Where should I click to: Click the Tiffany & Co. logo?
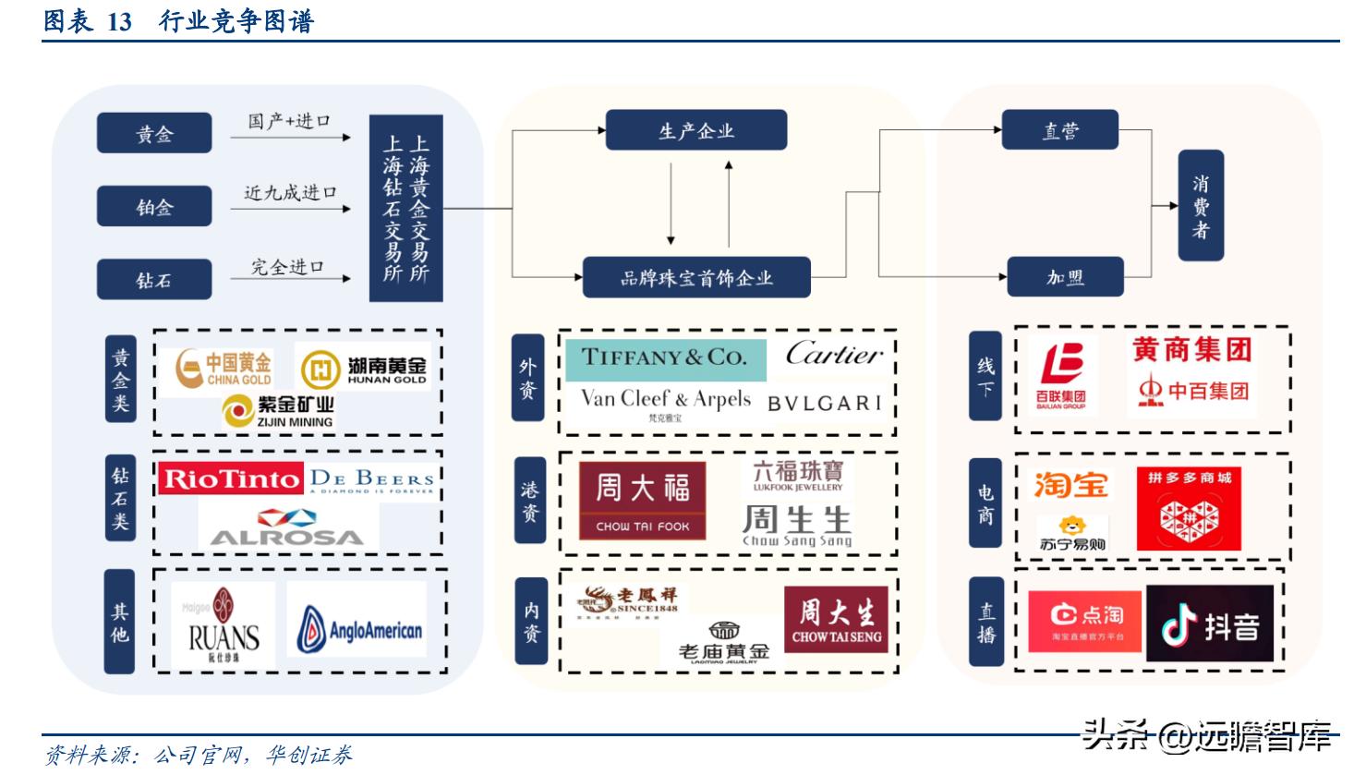(x=663, y=358)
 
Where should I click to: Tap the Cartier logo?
(x=834, y=354)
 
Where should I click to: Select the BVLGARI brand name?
(x=824, y=403)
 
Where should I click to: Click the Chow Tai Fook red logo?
(x=642, y=501)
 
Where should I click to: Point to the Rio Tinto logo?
(x=231, y=478)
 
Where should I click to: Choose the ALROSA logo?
(x=286, y=527)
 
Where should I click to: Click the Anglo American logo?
(x=359, y=630)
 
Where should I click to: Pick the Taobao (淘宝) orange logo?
(x=1070, y=484)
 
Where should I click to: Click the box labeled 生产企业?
(x=695, y=130)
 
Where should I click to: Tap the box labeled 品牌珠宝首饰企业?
(x=695, y=277)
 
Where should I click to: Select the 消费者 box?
(x=1200, y=205)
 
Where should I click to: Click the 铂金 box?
(x=154, y=207)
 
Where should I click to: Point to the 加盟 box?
(x=1064, y=277)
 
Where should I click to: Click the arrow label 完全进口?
(x=288, y=267)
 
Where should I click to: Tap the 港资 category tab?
(x=528, y=502)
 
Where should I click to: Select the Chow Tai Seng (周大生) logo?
(x=836, y=620)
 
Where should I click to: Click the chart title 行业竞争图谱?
(x=236, y=20)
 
